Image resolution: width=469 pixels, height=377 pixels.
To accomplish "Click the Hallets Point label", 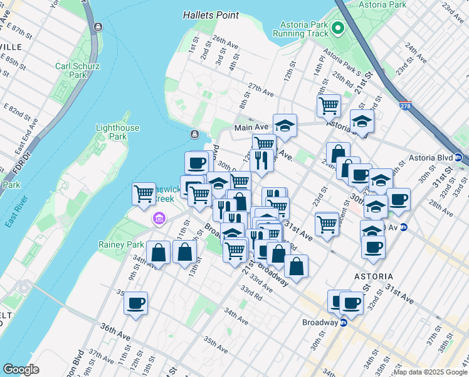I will click(x=211, y=14).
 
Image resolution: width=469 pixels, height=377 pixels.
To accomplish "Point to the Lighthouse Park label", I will click(x=117, y=132).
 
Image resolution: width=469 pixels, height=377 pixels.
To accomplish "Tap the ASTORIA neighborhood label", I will click(x=372, y=276).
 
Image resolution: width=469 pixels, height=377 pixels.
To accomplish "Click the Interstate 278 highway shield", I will click(x=406, y=107).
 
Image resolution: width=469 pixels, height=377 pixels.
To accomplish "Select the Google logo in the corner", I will click(x=21, y=369).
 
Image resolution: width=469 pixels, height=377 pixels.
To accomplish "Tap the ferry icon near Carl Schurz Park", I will click(x=98, y=27).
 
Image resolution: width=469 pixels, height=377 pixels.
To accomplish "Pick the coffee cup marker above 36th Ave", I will click(x=135, y=303).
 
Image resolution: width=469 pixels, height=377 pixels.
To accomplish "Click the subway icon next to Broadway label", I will click(x=344, y=323).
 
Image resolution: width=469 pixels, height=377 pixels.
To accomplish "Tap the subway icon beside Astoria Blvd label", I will click(x=458, y=157).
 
